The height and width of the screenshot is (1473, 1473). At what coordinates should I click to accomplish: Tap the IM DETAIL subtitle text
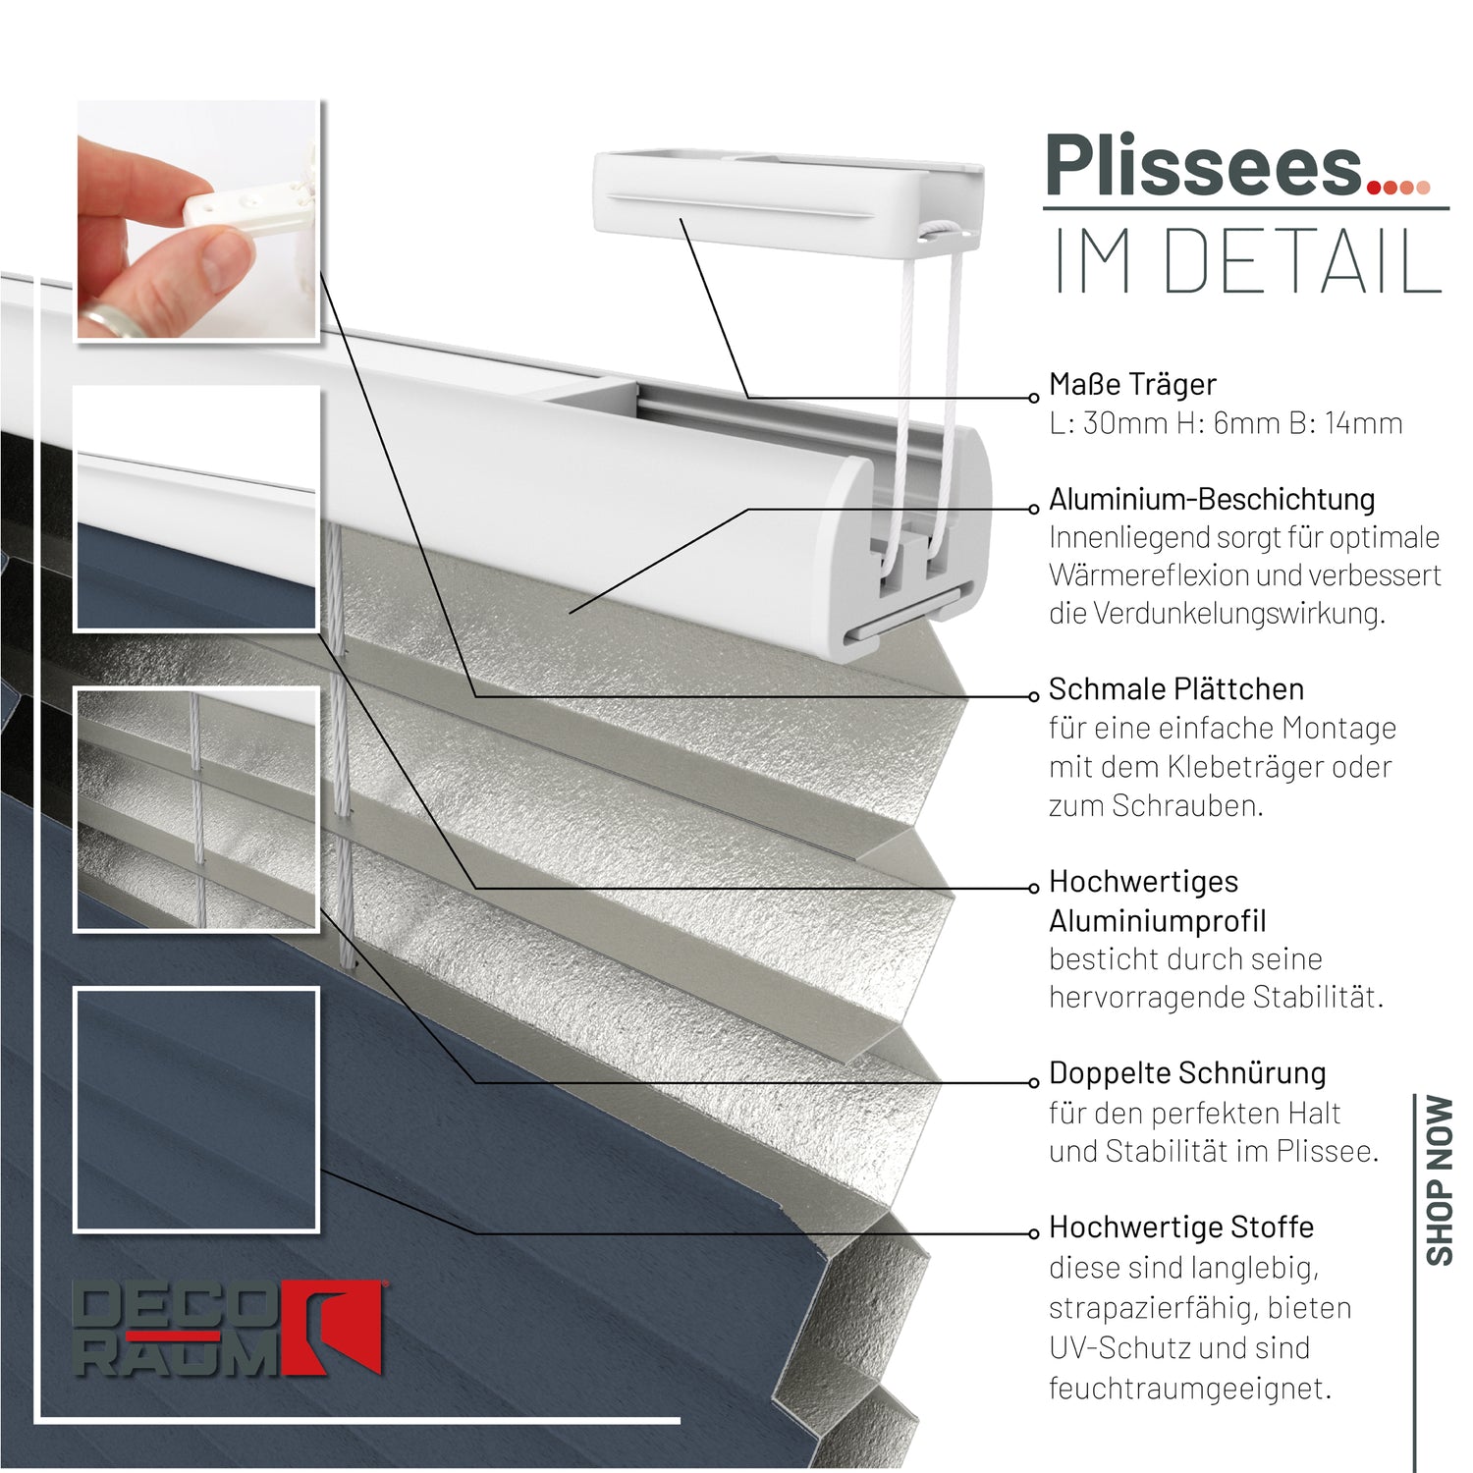(x=1247, y=261)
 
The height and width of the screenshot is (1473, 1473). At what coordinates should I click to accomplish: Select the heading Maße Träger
(x=1132, y=384)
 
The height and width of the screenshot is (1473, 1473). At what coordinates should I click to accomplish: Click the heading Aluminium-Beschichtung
(x=1212, y=499)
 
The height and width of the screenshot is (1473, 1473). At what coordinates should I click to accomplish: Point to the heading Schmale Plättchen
(x=1176, y=689)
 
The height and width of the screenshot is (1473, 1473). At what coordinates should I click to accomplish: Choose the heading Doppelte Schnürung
(x=1187, y=1073)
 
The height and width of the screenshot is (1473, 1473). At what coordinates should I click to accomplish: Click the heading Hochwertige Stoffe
(x=1181, y=1227)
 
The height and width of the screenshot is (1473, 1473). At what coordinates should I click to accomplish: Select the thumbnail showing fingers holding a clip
(x=197, y=220)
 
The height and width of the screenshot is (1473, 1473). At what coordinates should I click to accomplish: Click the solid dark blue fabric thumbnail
(x=196, y=1109)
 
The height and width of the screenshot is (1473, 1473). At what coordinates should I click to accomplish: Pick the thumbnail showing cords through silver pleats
(x=196, y=808)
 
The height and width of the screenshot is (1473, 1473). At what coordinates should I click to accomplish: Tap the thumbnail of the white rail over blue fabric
(x=196, y=508)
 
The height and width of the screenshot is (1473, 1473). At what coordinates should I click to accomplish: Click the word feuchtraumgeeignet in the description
(x=1188, y=1389)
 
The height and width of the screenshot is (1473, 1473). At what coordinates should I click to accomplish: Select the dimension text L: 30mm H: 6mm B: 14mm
(x=1226, y=423)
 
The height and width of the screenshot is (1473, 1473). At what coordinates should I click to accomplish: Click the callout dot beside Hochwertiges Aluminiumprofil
(x=1033, y=889)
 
